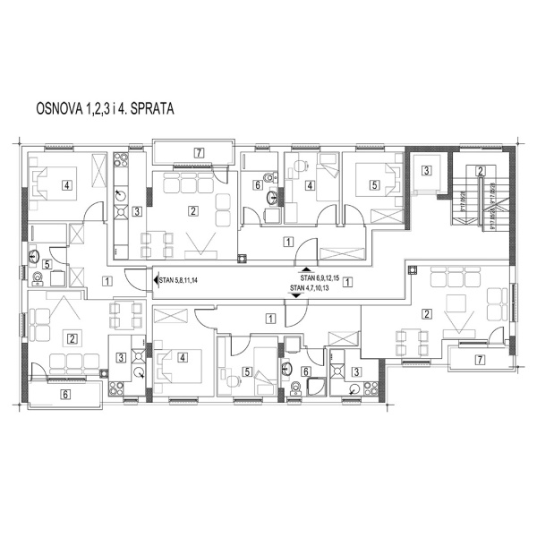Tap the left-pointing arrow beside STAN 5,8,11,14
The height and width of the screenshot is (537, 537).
pyautogui.click(x=157, y=280)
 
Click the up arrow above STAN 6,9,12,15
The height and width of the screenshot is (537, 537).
pyautogui.click(x=305, y=270)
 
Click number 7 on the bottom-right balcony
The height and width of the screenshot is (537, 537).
pyautogui.click(x=480, y=360)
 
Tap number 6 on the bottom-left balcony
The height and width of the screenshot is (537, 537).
pyautogui.click(x=64, y=392)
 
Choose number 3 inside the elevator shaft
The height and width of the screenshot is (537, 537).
pyautogui.click(x=427, y=170)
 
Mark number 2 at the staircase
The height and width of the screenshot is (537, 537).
pyautogui.click(x=481, y=171)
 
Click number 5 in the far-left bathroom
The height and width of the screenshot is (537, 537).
pyautogui.click(x=47, y=264)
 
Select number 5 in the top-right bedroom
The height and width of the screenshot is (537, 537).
pyautogui.click(x=374, y=186)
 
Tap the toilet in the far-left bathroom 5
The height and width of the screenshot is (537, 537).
pyautogui.click(x=37, y=278)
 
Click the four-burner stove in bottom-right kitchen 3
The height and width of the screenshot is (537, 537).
pyautogui.click(x=357, y=389)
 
